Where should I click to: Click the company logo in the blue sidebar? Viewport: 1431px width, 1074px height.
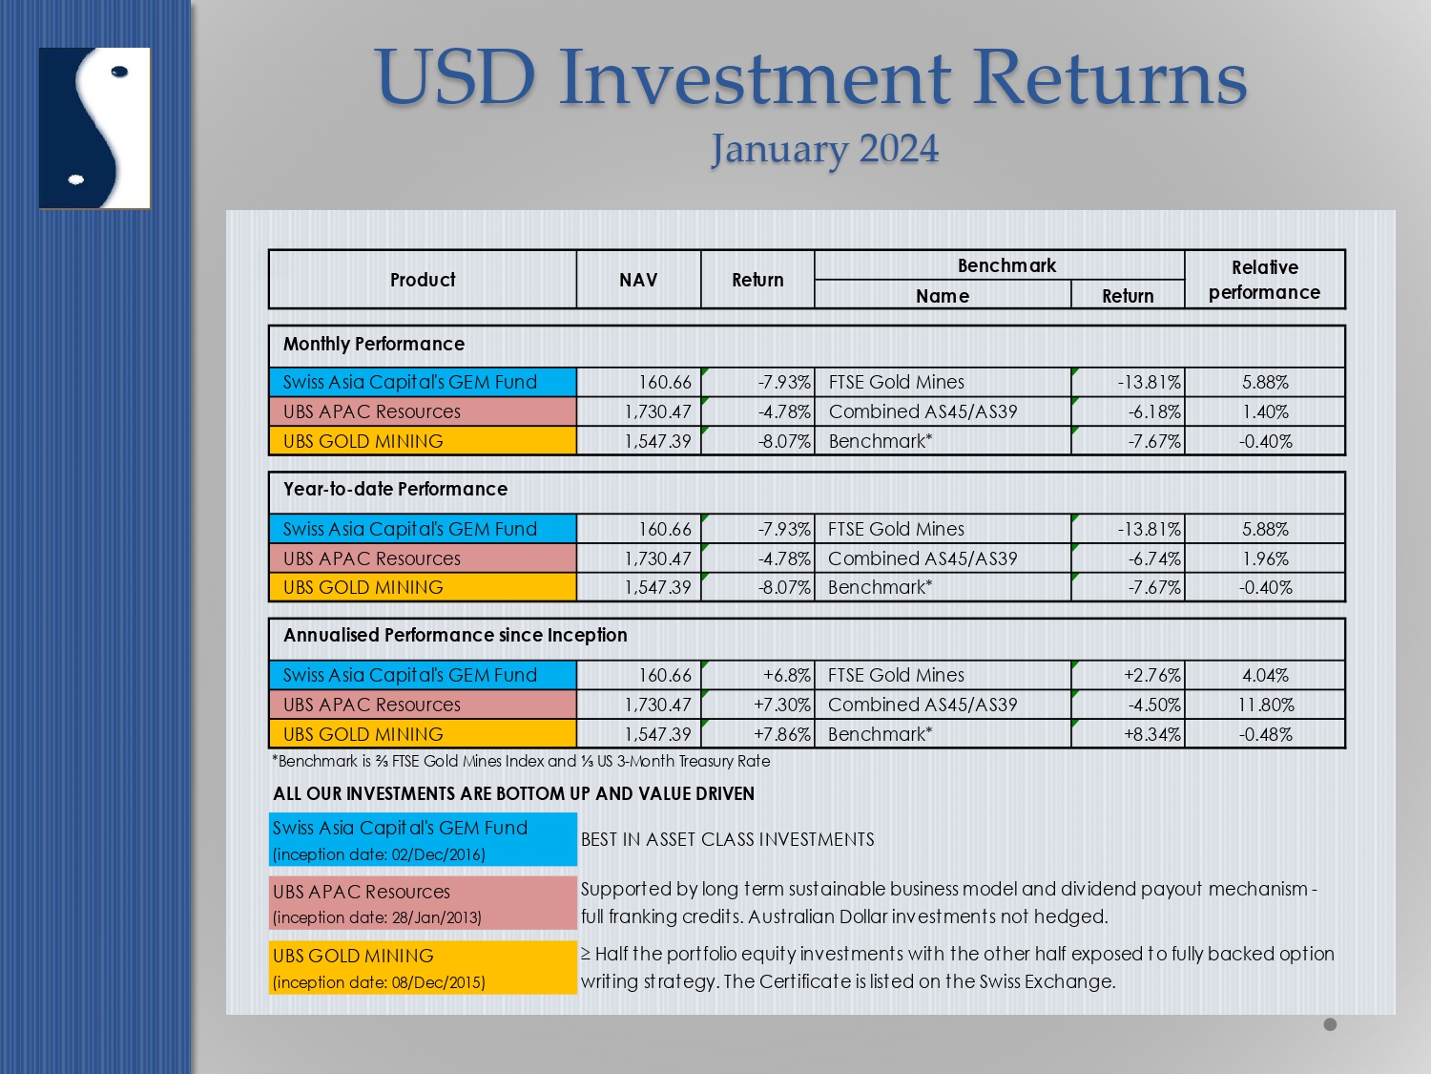point(94,128)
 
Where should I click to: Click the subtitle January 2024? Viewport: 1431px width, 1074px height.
point(824,149)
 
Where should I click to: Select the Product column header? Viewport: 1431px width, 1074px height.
point(423,280)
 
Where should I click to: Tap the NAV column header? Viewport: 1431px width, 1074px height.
point(638,280)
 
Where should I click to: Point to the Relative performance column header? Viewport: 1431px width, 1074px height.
point(1264,280)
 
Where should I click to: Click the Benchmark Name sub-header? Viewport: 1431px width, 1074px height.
point(942,296)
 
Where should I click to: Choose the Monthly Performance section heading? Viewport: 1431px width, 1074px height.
point(374,344)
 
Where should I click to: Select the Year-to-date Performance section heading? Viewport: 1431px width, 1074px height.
point(395,489)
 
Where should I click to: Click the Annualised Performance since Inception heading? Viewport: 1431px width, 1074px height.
point(455,635)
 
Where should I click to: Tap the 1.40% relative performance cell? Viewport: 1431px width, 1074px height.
point(1265,411)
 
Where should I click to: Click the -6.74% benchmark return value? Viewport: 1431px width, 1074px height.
point(1154,558)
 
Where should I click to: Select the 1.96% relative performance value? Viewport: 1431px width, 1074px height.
point(1265,558)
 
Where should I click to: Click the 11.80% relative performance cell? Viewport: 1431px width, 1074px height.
point(1266,705)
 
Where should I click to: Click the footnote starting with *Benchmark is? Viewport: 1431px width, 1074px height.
point(520,761)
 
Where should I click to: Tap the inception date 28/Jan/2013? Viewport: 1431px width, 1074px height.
point(377,917)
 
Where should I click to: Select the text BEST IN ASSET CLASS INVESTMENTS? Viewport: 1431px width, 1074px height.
point(728,839)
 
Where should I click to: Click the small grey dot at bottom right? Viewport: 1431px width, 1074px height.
point(1330,1024)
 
